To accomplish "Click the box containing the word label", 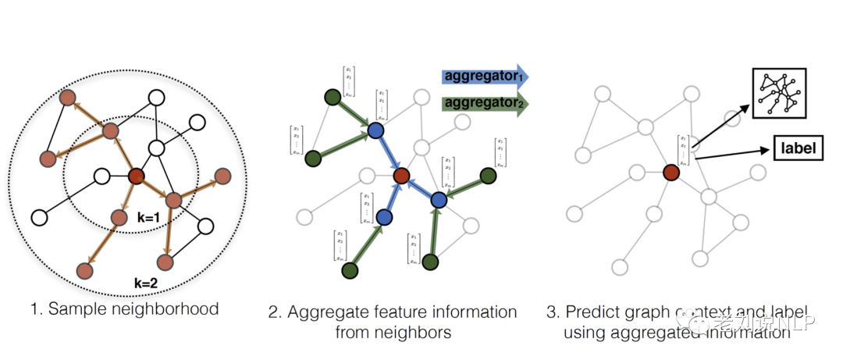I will (x=798, y=147).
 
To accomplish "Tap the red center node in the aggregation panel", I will (x=401, y=176).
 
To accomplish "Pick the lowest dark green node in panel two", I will (x=350, y=269).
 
